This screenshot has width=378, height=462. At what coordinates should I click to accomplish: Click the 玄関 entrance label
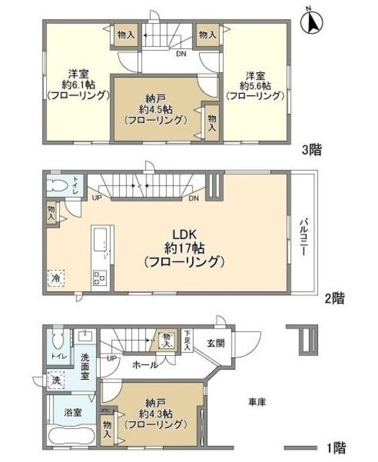click(215, 343)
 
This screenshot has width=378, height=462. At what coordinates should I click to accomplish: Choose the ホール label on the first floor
click(146, 366)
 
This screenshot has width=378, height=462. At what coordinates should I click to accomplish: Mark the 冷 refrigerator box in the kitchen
click(56, 276)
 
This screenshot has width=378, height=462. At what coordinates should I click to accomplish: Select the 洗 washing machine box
click(56, 380)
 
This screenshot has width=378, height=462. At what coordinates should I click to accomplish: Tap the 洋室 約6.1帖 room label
click(78, 84)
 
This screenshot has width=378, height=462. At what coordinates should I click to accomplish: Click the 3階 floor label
click(312, 150)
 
